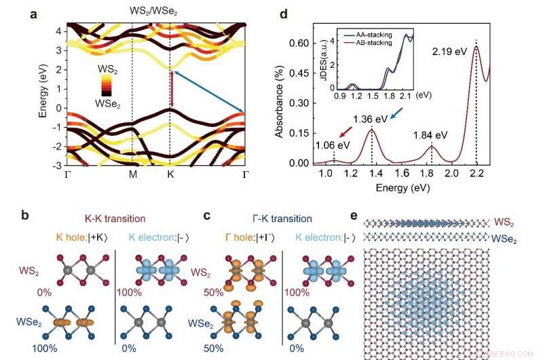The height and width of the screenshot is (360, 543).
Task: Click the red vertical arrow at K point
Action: pyautogui.click(x=172, y=89)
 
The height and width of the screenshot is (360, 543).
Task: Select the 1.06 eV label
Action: pyautogui.click(x=333, y=145)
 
